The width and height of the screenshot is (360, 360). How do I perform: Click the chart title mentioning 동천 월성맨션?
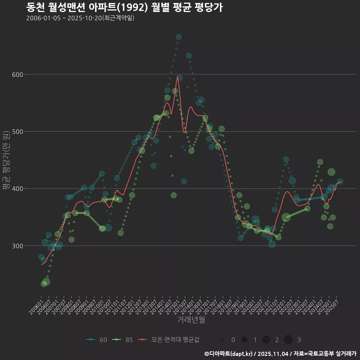pyautogui.click(x=124, y=7)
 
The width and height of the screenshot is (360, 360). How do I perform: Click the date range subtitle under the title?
pyautogui.click(x=80, y=18)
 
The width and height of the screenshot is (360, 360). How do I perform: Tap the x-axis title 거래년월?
pyautogui.click(x=191, y=320)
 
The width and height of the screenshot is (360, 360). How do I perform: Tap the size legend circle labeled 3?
pyautogui.click(x=288, y=340)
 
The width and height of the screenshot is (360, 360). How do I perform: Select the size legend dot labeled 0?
pyautogui.click(x=222, y=340)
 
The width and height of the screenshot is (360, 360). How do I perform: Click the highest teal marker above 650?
pyautogui.click(x=178, y=37)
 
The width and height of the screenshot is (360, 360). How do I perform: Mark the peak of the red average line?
pyautogui.click(x=177, y=76)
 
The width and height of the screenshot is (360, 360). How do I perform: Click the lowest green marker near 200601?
pyautogui.click(x=44, y=284)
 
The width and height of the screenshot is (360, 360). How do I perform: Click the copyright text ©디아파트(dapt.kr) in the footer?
pyautogui.click(x=229, y=354)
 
